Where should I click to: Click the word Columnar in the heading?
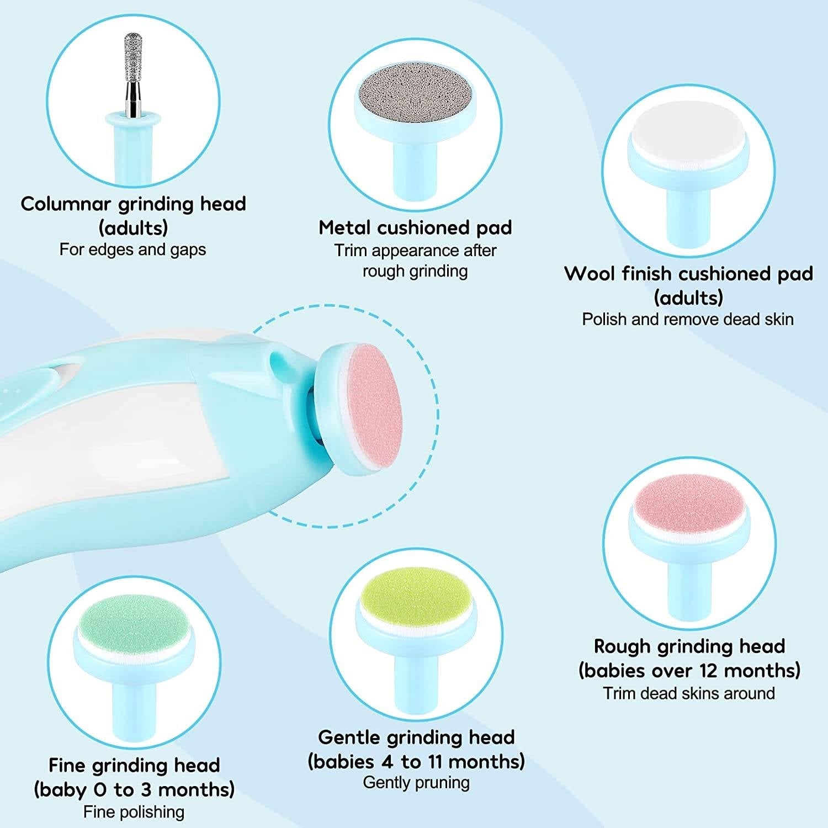66,204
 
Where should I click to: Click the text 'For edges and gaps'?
132,250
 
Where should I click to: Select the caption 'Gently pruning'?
416,783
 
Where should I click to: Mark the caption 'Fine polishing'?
134,812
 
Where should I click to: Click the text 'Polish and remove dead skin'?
688,319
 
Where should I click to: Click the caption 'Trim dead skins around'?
689,693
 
